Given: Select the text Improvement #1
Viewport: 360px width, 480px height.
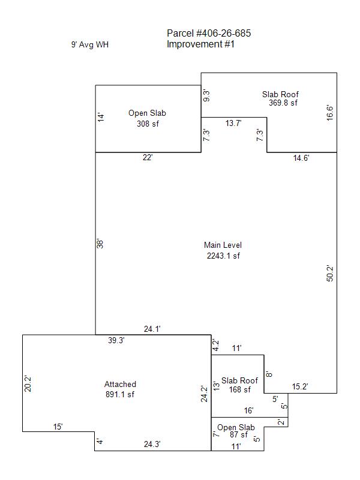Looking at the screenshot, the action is point(200,44).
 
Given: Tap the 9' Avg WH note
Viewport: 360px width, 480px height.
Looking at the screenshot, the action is point(89,44).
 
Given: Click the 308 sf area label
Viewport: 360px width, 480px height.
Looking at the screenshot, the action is point(148,124).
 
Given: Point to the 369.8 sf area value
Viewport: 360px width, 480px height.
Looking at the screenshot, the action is point(283,103).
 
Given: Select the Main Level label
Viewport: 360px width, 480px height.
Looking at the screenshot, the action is point(223,245).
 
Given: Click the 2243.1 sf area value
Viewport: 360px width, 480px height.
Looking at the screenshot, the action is point(223,256).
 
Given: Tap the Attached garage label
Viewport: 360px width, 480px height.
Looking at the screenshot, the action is point(120,384).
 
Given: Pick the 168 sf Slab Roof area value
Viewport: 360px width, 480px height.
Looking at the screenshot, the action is point(239,389).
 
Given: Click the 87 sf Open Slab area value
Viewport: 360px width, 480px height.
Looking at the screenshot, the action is point(239,434).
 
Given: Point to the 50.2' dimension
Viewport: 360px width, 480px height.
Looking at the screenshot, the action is point(330,274).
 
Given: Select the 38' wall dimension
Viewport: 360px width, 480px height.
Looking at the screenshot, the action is point(100,244).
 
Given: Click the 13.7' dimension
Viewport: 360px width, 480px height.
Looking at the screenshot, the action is point(233,123).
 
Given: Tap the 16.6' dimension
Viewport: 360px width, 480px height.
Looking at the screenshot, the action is point(329,113).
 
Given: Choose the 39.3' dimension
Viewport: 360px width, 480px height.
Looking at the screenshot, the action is point(116,340).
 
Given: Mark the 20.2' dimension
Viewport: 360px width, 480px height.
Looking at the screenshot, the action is point(28,383).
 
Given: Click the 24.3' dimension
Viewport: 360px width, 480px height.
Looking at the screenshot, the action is point(152,444).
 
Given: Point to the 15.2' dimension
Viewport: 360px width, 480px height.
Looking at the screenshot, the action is point(299,386).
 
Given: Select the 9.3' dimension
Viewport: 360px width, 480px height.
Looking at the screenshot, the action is point(206,96).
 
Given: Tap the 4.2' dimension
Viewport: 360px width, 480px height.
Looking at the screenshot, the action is point(216,345).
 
